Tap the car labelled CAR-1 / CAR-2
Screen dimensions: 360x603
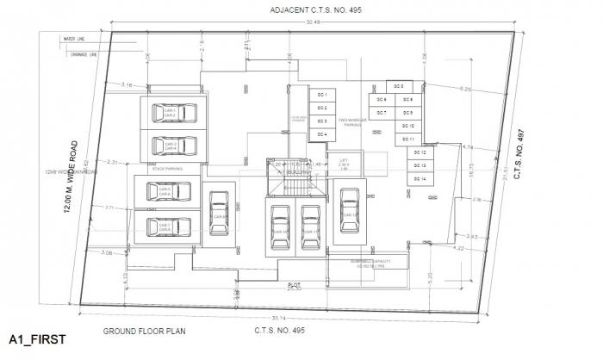click(171, 114)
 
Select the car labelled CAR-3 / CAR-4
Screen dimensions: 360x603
click(171, 146)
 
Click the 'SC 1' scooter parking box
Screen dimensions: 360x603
click(321, 94)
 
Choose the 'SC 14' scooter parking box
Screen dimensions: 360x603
click(420, 178)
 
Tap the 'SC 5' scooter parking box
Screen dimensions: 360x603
click(399, 87)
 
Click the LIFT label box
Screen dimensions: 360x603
click(344, 163)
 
